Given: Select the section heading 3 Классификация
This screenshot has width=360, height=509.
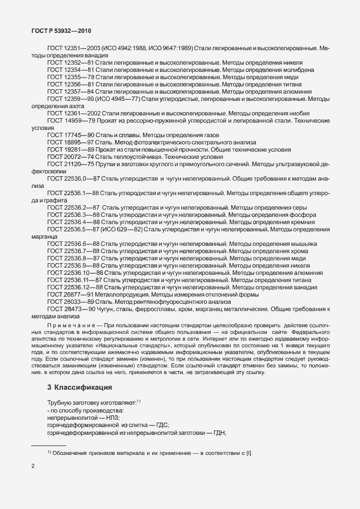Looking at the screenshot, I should click(x=79, y=387).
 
